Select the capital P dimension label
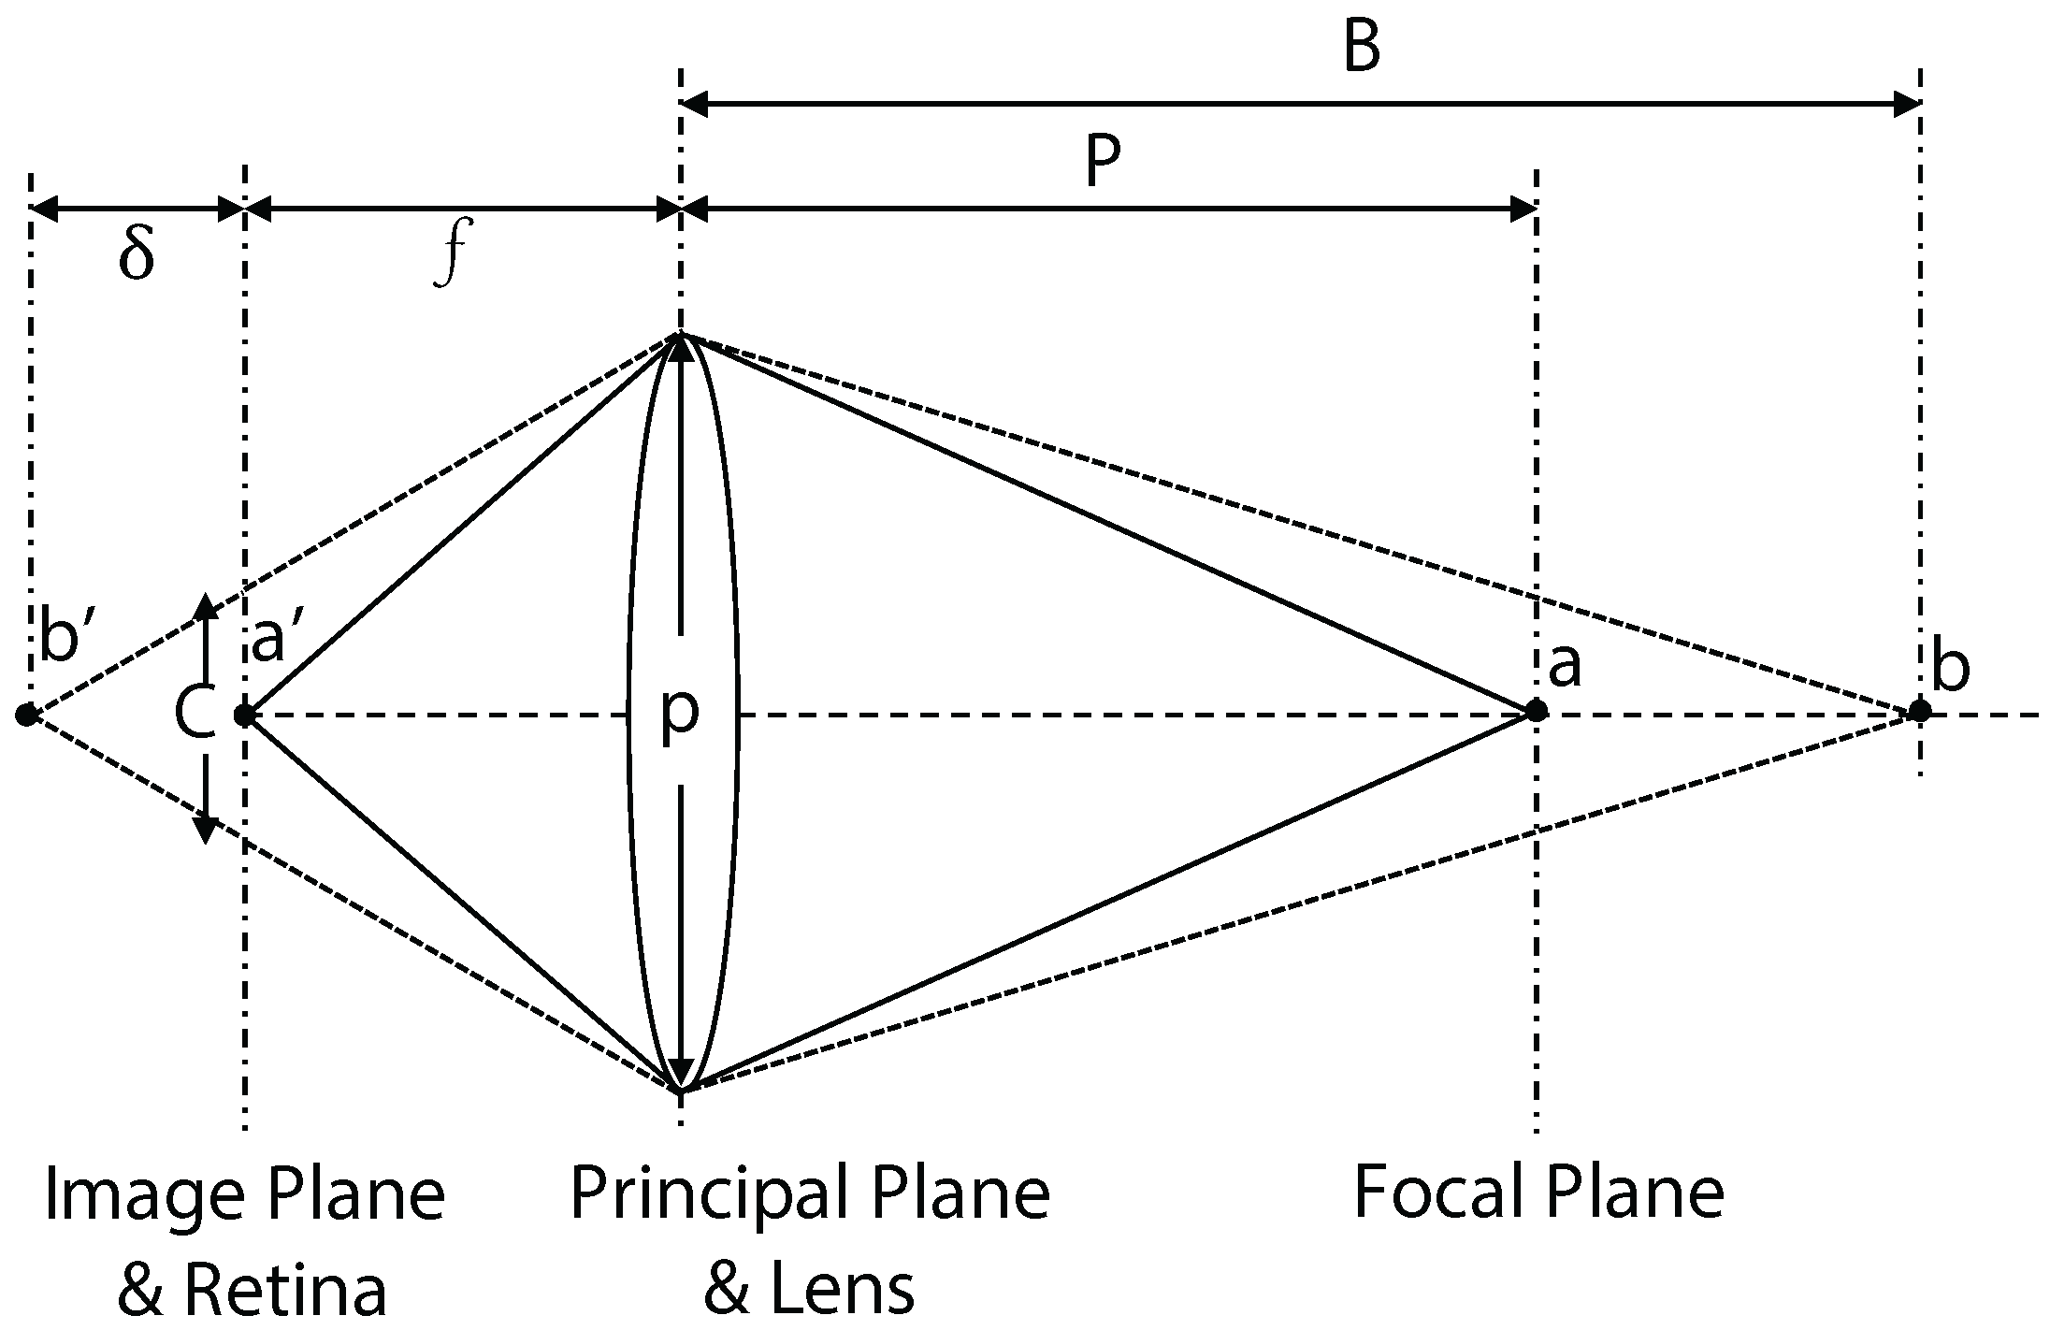pyautogui.click(x=1104, y=164)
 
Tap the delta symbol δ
pyautogui.click(x=137, y=254)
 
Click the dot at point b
pyautogui.click(x=1919, y=712)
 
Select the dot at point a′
pyautogui.click(x=244, y=716)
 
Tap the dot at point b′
pyautogui.click(x=26, y=716)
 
